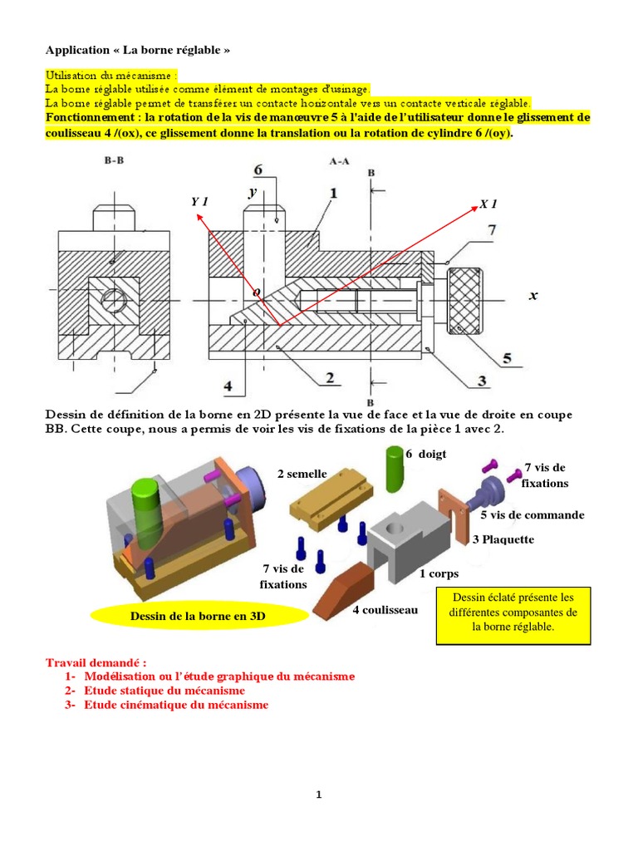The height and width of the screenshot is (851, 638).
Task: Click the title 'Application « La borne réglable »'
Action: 137,50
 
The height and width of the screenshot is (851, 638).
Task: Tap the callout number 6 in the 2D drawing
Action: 258,170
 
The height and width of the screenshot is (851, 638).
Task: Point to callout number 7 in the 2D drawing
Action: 493,229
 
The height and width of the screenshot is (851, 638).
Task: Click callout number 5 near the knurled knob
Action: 507,360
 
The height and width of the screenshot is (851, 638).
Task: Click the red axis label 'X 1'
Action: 488,204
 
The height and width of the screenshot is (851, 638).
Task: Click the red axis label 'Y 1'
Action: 199,202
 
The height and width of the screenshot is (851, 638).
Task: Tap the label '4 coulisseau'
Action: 385,610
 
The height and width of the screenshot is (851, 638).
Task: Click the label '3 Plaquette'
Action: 503,539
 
